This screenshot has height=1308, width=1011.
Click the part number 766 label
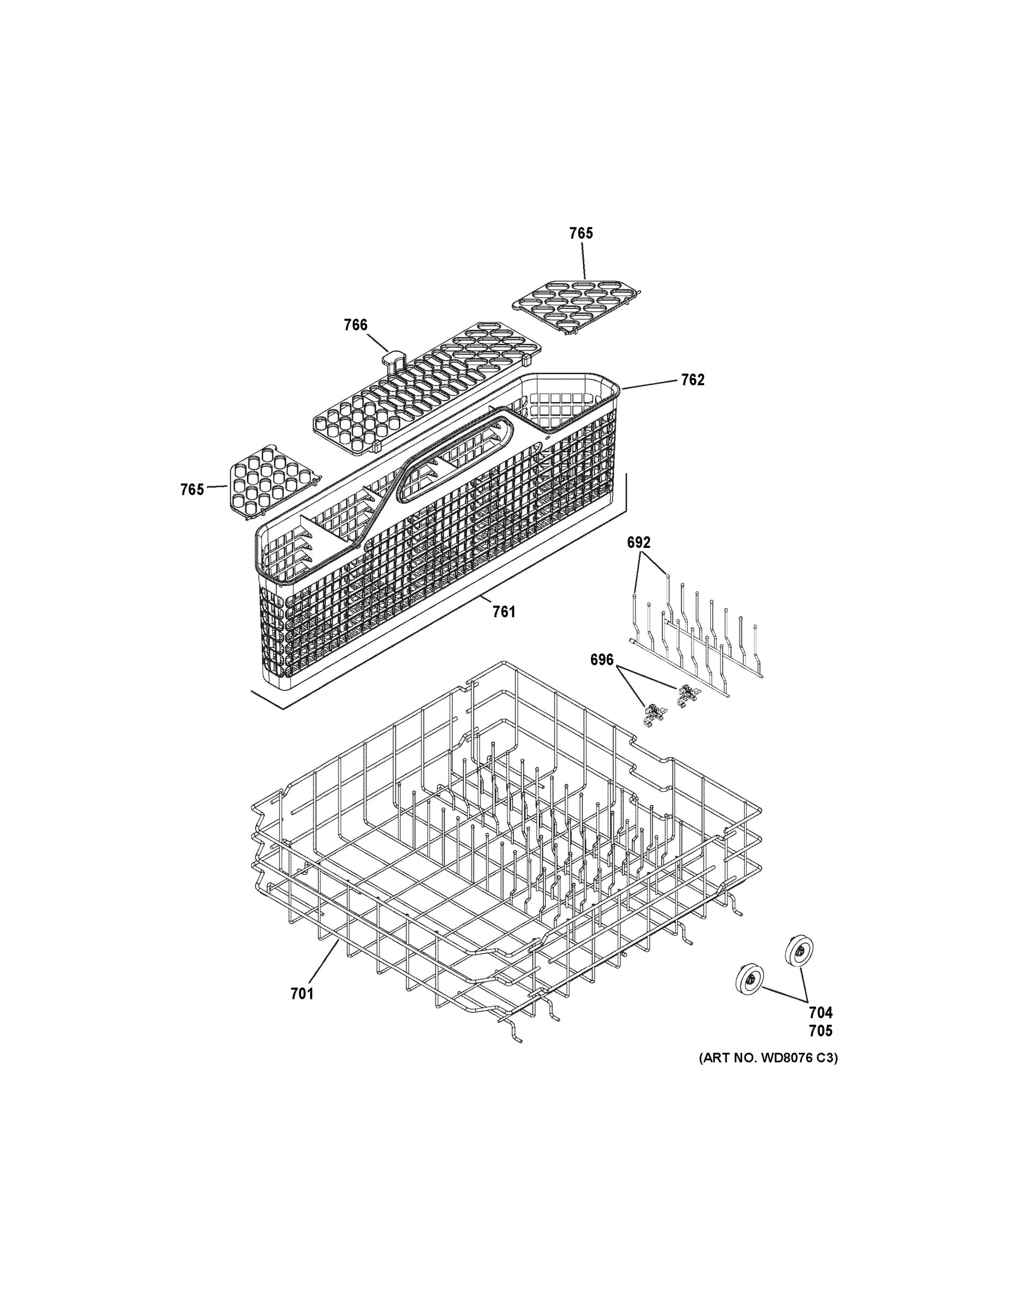pyautogui.click(x=355, y=325)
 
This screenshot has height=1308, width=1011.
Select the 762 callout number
pyautogui.click(x=692, y=380)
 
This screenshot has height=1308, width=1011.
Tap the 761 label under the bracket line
pyautogui.click(x=504, y=611)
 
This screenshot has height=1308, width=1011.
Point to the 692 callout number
pyautogui.click(x=638, y=542)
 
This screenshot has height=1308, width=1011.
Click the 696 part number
pyautogui.click(x=602, y=659)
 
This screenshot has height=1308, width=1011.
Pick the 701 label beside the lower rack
pyautogui.click(x=302, y=994)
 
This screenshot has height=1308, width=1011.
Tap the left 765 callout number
pyautogui.click(x=192, y=489)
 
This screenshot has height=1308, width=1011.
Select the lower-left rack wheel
pyautogui.click(x=749, y=980)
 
